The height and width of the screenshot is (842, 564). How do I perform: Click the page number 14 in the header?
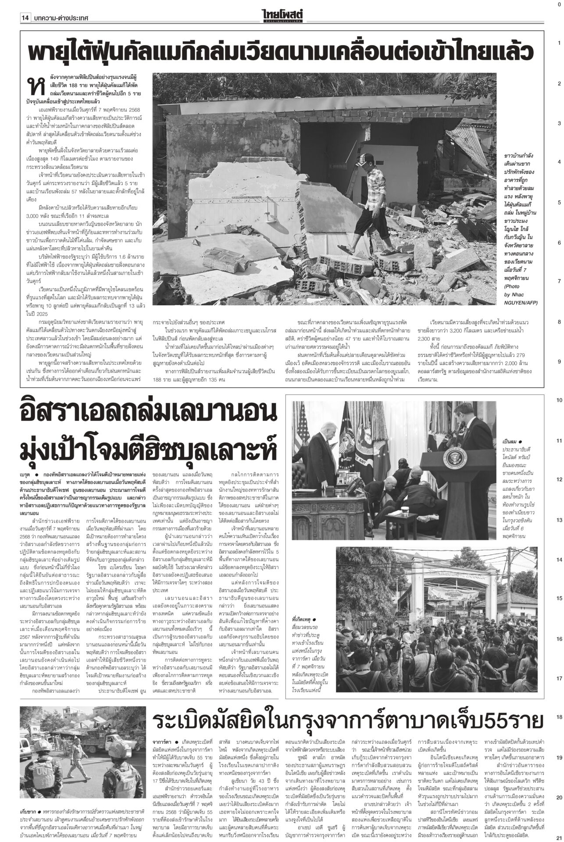point(25,18)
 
